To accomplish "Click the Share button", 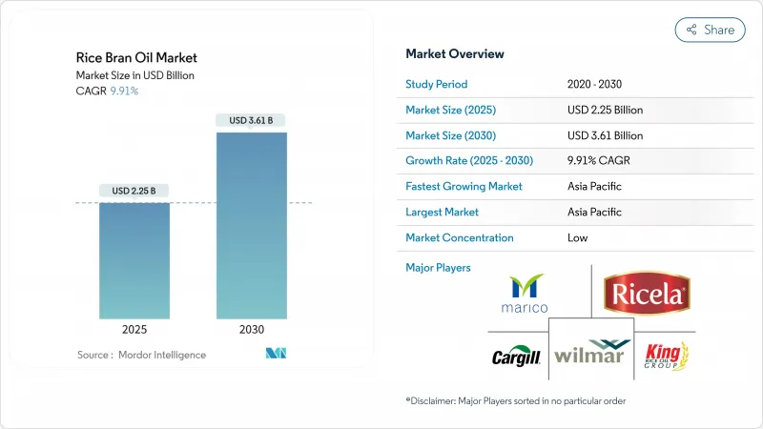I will tap(710, 30).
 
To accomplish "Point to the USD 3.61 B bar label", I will tap(252, 120).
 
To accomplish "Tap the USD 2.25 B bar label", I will tap(134, 191).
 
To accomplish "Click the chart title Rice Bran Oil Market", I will tap(135, 58).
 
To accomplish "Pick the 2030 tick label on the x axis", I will tap(252, 330).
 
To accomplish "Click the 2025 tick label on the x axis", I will tap(134, 330).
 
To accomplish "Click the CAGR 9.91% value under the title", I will tap(124, 91).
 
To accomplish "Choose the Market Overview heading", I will tap(455, 54).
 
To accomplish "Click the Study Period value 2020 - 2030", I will tap(601, 83).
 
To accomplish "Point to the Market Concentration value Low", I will tap(578, 237).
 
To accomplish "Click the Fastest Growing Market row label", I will tap(464, 186).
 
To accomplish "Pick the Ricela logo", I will tap(646, 292).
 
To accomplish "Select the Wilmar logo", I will tap(590, 356).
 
